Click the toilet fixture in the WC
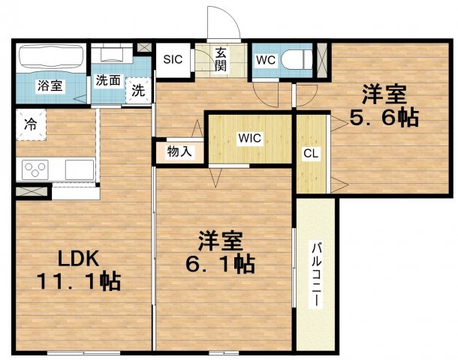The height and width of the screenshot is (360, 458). (301, 59)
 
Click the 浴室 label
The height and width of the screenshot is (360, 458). (50, 86)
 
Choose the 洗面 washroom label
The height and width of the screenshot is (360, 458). (108, 80)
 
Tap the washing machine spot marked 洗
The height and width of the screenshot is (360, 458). (138, 91)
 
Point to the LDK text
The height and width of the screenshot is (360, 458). (79, 258)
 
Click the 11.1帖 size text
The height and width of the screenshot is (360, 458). (79, 282)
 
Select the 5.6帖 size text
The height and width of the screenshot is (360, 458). (384, 117)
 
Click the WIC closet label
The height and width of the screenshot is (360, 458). (249, 138)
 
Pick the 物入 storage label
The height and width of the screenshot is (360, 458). (179, 151)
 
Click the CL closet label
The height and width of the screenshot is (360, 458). (309, 153)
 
